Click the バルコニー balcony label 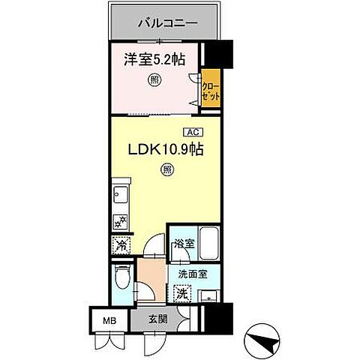click(x=166, y=23)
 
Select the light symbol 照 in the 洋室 click(x=154, y=80)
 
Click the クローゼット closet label click(x=211, y=88)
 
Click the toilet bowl click(x=121, y=279)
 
